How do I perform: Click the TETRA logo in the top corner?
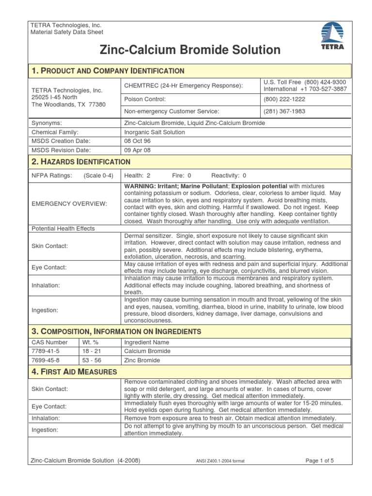334,36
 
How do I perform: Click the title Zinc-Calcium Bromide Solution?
190,50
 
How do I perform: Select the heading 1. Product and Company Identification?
108,71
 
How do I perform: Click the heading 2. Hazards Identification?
80,162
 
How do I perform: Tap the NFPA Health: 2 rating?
138,175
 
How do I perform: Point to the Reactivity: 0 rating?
229,175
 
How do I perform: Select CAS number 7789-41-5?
45,351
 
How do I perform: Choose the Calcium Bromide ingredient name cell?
147,351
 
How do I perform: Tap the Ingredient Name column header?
147,342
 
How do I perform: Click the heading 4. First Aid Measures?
74,372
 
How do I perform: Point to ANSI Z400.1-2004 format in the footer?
217,461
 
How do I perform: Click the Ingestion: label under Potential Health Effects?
45,310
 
